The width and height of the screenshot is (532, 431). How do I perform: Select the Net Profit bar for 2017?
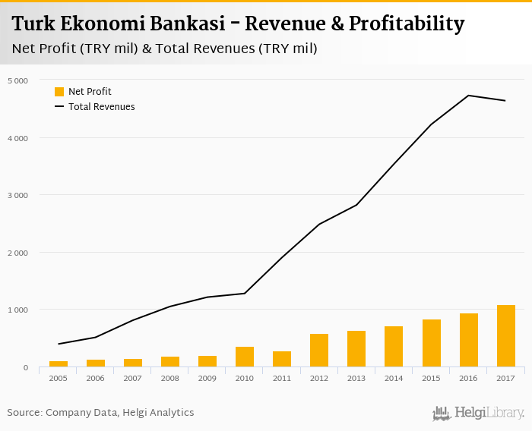tap(506, 336)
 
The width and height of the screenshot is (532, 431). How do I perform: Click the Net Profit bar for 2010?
tap(245, 357)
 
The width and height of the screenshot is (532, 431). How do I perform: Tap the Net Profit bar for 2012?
tap(319, 351)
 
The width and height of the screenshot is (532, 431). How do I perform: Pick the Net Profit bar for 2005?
tap(59, 364)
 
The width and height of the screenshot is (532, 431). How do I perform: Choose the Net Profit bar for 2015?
tap(432, 343)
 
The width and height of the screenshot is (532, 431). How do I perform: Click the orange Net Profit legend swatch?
tap(59, 92)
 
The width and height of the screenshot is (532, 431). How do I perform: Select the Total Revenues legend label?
tap(101, 107)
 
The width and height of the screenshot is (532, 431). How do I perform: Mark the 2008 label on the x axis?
tap(170, 377)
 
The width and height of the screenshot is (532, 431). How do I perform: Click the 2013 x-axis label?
tap(356, 377)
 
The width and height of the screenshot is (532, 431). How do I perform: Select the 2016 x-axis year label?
tap(468, 377)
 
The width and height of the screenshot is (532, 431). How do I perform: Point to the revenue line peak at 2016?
tap(468, 96)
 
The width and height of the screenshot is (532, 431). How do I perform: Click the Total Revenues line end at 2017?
tap(505, 101)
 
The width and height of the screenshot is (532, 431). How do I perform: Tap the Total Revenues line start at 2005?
tap(59, 344)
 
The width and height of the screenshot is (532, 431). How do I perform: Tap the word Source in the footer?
tap(24, 413)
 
